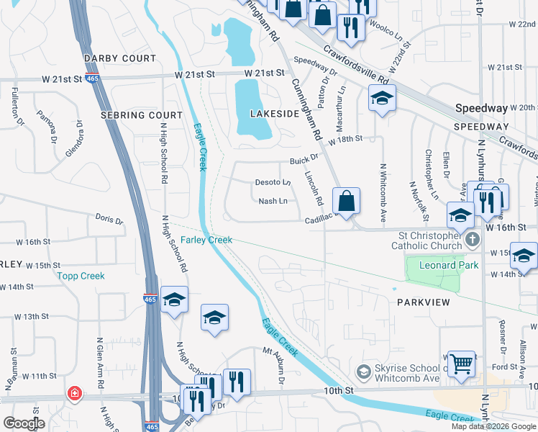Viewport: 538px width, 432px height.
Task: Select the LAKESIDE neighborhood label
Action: pos(273,114)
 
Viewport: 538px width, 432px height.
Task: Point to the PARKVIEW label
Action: pos(423,302)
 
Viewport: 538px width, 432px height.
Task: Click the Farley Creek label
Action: pos(206,240)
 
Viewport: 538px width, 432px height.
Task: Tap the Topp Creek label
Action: pos(81,276)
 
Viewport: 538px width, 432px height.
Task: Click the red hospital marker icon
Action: pos(73,393)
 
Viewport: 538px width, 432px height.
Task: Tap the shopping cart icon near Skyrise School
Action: pos(460,362)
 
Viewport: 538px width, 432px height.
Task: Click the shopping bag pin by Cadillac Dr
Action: pos(346,201)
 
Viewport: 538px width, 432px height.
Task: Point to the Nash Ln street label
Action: pos(273,201)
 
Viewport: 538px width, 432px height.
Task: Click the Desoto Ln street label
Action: pos(273,182)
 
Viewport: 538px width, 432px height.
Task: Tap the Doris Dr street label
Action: pos(109,217)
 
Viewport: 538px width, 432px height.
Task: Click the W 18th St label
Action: pos(343,138)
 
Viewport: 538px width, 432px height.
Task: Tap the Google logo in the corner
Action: pos(24,423)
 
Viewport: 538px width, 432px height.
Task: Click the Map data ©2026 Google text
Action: pos(493,426)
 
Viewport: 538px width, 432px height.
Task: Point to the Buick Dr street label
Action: pos(304,161)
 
